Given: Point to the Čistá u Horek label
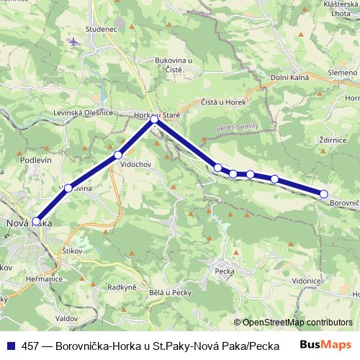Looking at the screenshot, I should point(224,102).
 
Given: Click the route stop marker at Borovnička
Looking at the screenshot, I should point(323,194).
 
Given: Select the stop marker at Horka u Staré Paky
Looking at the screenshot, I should point(154,120).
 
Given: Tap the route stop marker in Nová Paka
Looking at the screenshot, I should point(37,222).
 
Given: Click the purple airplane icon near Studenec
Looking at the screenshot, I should point(73,41).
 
